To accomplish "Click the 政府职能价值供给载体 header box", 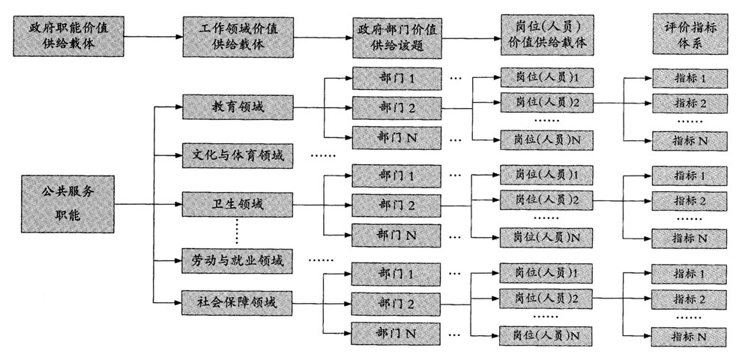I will (65, 34).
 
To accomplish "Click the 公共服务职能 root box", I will (67, 203).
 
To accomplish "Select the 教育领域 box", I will (235, 106).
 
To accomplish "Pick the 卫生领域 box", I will (235, 203).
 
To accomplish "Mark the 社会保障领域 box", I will (235, 304).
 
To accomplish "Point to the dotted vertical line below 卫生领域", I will (237, 231).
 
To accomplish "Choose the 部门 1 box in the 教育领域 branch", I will (396, 76).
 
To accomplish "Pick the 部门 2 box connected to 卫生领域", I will (396, 204).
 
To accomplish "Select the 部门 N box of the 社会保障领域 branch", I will (396, 332).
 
